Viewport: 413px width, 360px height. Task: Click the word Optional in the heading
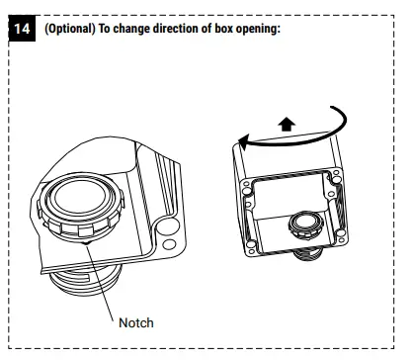69,28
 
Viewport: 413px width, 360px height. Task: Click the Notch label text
136,322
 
